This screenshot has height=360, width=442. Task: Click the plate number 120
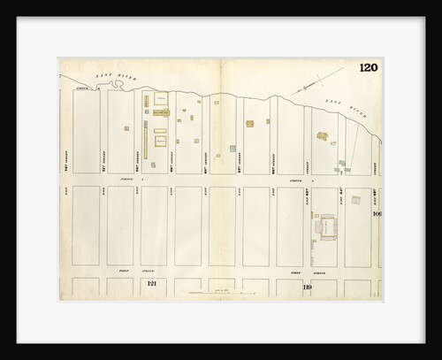[x=369, y=69]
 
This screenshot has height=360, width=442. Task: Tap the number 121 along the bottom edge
[x=151, y=283]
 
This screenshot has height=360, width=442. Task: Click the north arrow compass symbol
[x=305, y=88]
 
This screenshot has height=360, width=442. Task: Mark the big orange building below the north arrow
[x=321, y=136]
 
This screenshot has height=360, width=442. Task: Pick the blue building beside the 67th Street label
[x=232, y=149]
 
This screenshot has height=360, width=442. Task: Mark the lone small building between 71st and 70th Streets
[x=125, y=128]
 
